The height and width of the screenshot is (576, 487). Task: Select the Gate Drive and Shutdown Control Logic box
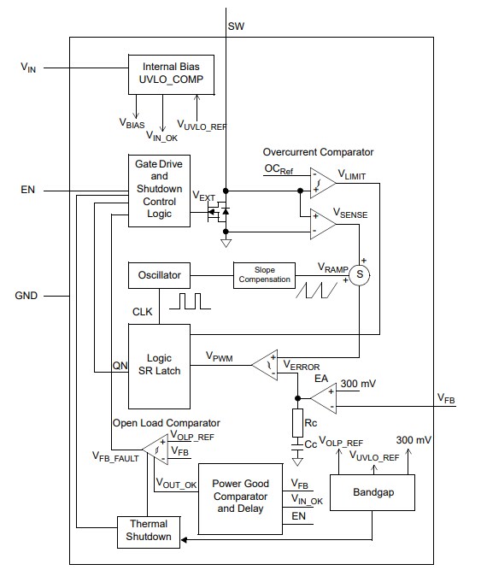coord(159,190)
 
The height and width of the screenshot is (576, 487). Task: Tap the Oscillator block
coord(159,275)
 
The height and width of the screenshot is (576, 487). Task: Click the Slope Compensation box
coord(265,275)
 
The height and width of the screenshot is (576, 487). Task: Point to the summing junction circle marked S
coord(360,275)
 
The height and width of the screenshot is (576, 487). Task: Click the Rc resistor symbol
coord(298,422)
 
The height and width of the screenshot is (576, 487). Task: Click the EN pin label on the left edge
coord(28,190)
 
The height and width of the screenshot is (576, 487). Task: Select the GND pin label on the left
coord(28,297)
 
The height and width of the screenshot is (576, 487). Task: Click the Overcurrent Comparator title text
coord(318,152)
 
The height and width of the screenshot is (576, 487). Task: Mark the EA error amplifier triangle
coord(321,397)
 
